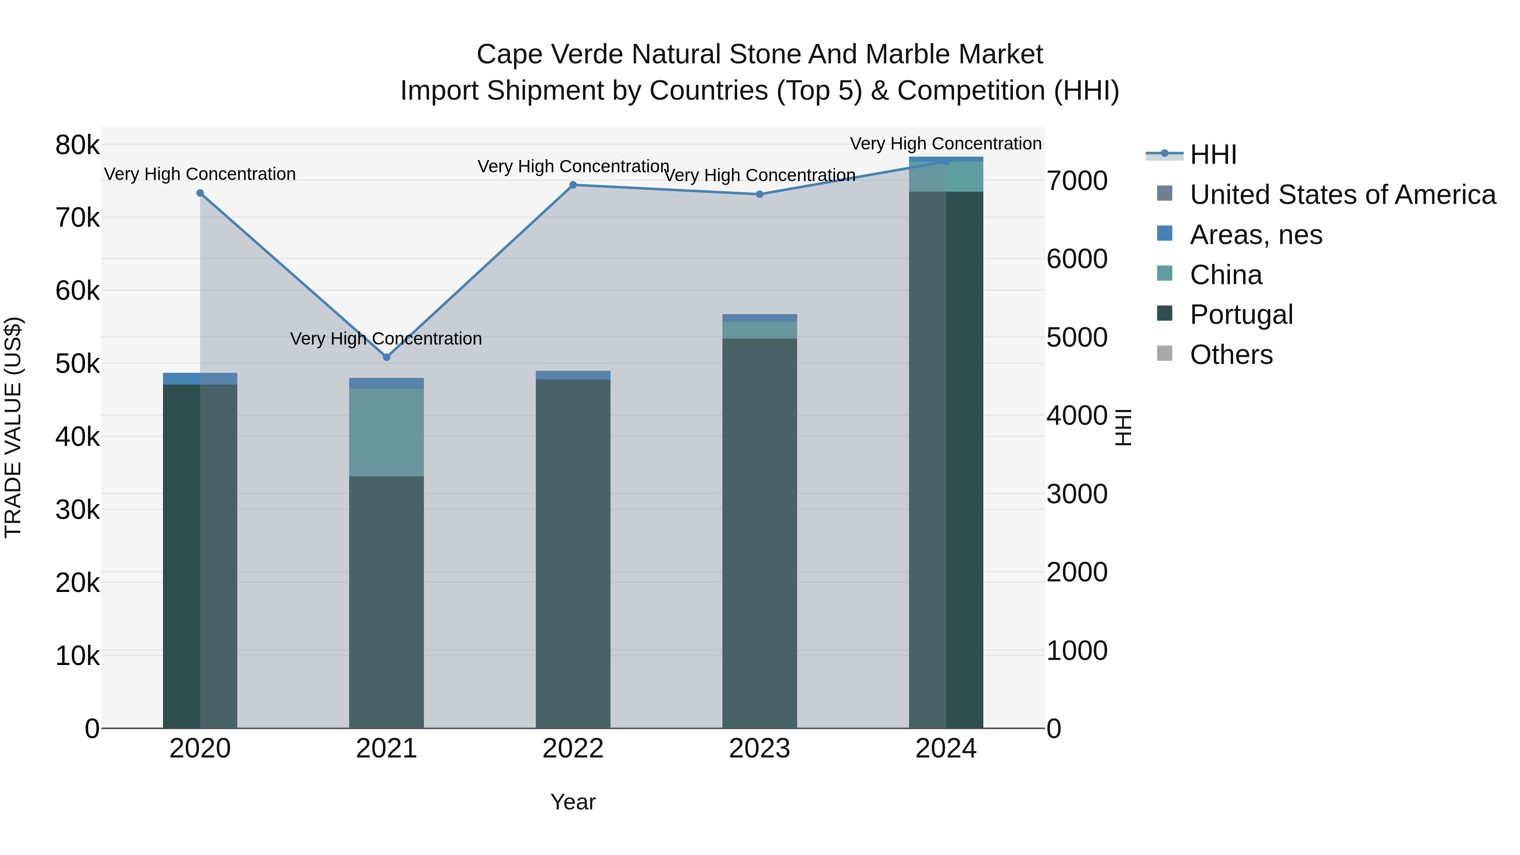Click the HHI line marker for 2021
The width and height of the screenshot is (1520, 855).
click(x=386, y=357)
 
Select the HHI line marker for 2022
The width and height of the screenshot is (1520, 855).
click(x=573, y=185)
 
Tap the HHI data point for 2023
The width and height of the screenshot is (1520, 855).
click(x=760, y=194)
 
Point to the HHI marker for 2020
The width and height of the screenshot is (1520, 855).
click(x=200, y=193)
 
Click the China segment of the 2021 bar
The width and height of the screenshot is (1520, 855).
click(x=386, y=432)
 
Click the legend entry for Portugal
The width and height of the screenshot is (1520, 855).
click(x=1241, y=315)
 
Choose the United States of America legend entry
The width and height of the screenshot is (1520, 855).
click(x=1342, y=195)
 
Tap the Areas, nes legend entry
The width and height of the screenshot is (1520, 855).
click(x=1256, y=235)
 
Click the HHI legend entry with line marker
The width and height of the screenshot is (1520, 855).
click(x=1213, y=155)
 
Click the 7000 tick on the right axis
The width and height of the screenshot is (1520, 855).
click(x=1077, y=181)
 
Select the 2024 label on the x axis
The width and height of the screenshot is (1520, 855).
click(x=946, y=749)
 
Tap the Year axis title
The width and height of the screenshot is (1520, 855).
click(x=573, y=802)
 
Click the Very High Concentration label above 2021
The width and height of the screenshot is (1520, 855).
click(x=386, y=339)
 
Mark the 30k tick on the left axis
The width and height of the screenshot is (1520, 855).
click(x=77, y=510)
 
